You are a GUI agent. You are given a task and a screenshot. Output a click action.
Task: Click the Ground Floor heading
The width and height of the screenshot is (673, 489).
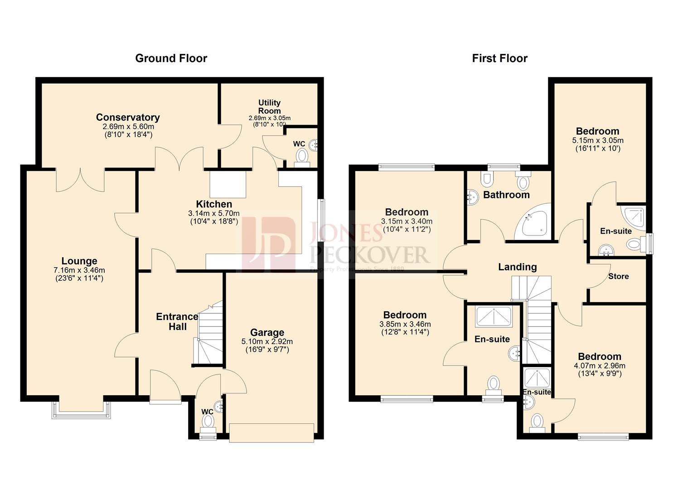coord(171,58)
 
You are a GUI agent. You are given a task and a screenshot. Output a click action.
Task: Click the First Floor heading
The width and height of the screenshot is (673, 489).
coord(499,58)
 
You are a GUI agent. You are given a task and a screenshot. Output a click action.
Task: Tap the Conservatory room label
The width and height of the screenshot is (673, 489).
coord(128,117)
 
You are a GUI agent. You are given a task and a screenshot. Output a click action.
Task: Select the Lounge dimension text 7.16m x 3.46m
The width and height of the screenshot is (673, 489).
coord(79,270)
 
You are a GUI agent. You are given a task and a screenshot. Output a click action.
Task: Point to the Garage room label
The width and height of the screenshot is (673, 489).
coord(267,332)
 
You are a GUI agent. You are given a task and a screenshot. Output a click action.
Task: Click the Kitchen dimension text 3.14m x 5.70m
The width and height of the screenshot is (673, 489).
coord(214,213)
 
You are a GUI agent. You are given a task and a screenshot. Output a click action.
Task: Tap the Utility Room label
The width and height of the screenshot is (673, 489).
coord(269,106)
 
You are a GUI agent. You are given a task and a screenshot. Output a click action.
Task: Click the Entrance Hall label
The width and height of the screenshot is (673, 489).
coord(177,321)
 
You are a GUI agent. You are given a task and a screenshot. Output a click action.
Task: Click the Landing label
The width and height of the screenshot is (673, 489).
coord(517,267)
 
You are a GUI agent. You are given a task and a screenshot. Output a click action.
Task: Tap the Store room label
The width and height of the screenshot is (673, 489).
coord(618,276)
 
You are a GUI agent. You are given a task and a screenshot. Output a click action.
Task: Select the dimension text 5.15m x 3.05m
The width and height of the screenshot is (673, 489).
coord(598,140)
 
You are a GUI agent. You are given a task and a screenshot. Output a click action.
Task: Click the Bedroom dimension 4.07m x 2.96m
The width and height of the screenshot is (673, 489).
coord(599,366)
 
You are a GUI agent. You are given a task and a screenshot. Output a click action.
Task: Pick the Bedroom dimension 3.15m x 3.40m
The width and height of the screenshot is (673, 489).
coord(407,221)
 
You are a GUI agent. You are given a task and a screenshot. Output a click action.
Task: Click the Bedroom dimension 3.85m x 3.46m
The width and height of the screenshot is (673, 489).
coord(405,324)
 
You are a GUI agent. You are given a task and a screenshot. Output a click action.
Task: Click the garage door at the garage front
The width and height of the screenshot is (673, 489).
coord(271,432)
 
